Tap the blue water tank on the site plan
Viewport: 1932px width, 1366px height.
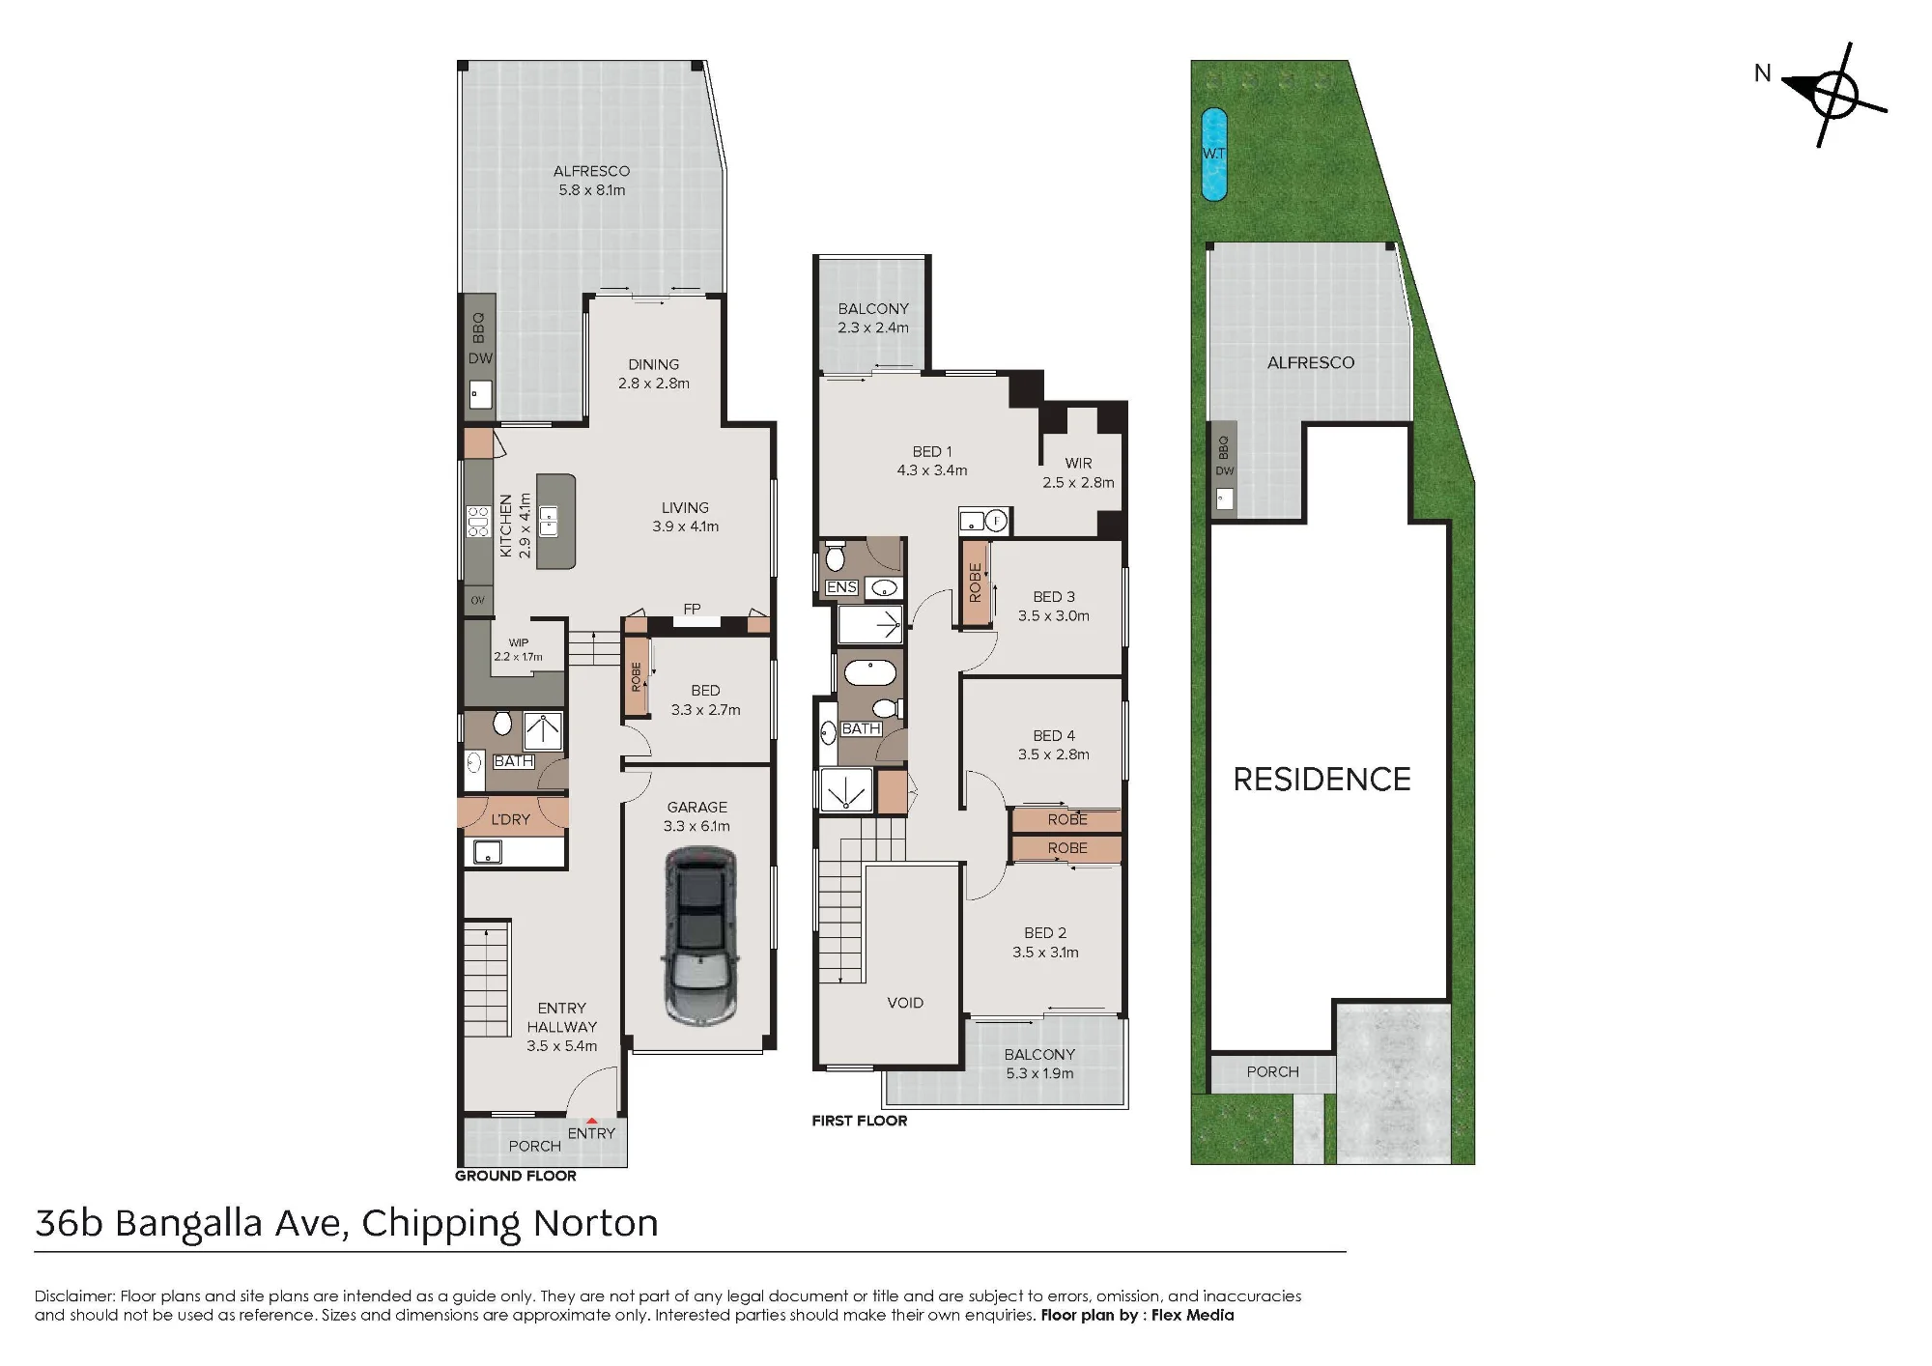pyautogui.click(x=1213, y=155)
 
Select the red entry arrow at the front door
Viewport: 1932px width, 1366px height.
pyautogui.click(x=591, y=1121)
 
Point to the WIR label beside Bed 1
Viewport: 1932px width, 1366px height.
pyautogui.click(x=1078, y=464)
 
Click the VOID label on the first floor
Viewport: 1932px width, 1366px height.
pyautogui.click(x=905, y=1003)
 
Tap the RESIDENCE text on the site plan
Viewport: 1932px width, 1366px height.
pyautogui.click(x=1321, y=780)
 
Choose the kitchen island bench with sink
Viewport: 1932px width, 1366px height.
pyautogui.click(x=555, y=521)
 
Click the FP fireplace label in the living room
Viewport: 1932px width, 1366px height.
pyautogui.click(x=692, y=609)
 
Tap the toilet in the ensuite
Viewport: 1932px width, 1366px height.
pyautogui.click(x=835, y=557)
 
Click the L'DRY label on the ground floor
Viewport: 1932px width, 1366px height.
pyautogui.click(x=510, y=819)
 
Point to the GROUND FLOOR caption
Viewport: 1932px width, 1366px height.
pyautogui.click(x=516, y=1176)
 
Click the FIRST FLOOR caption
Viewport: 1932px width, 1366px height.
pyautogui.click(x=860, y=1121)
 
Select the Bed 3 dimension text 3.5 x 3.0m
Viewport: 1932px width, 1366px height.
pyautogui.click(x=1053, y=615)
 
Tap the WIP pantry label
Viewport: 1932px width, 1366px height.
pyautogui.click(x=519, y=642)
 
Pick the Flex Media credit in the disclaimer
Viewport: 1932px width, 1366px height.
pyautogui.click(x=1192, y=1315)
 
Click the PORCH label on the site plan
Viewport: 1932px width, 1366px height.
pyautogui.click(x=1272, y=1071)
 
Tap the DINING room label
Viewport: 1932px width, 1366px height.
pyautogui.click(x=654, y=364)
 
